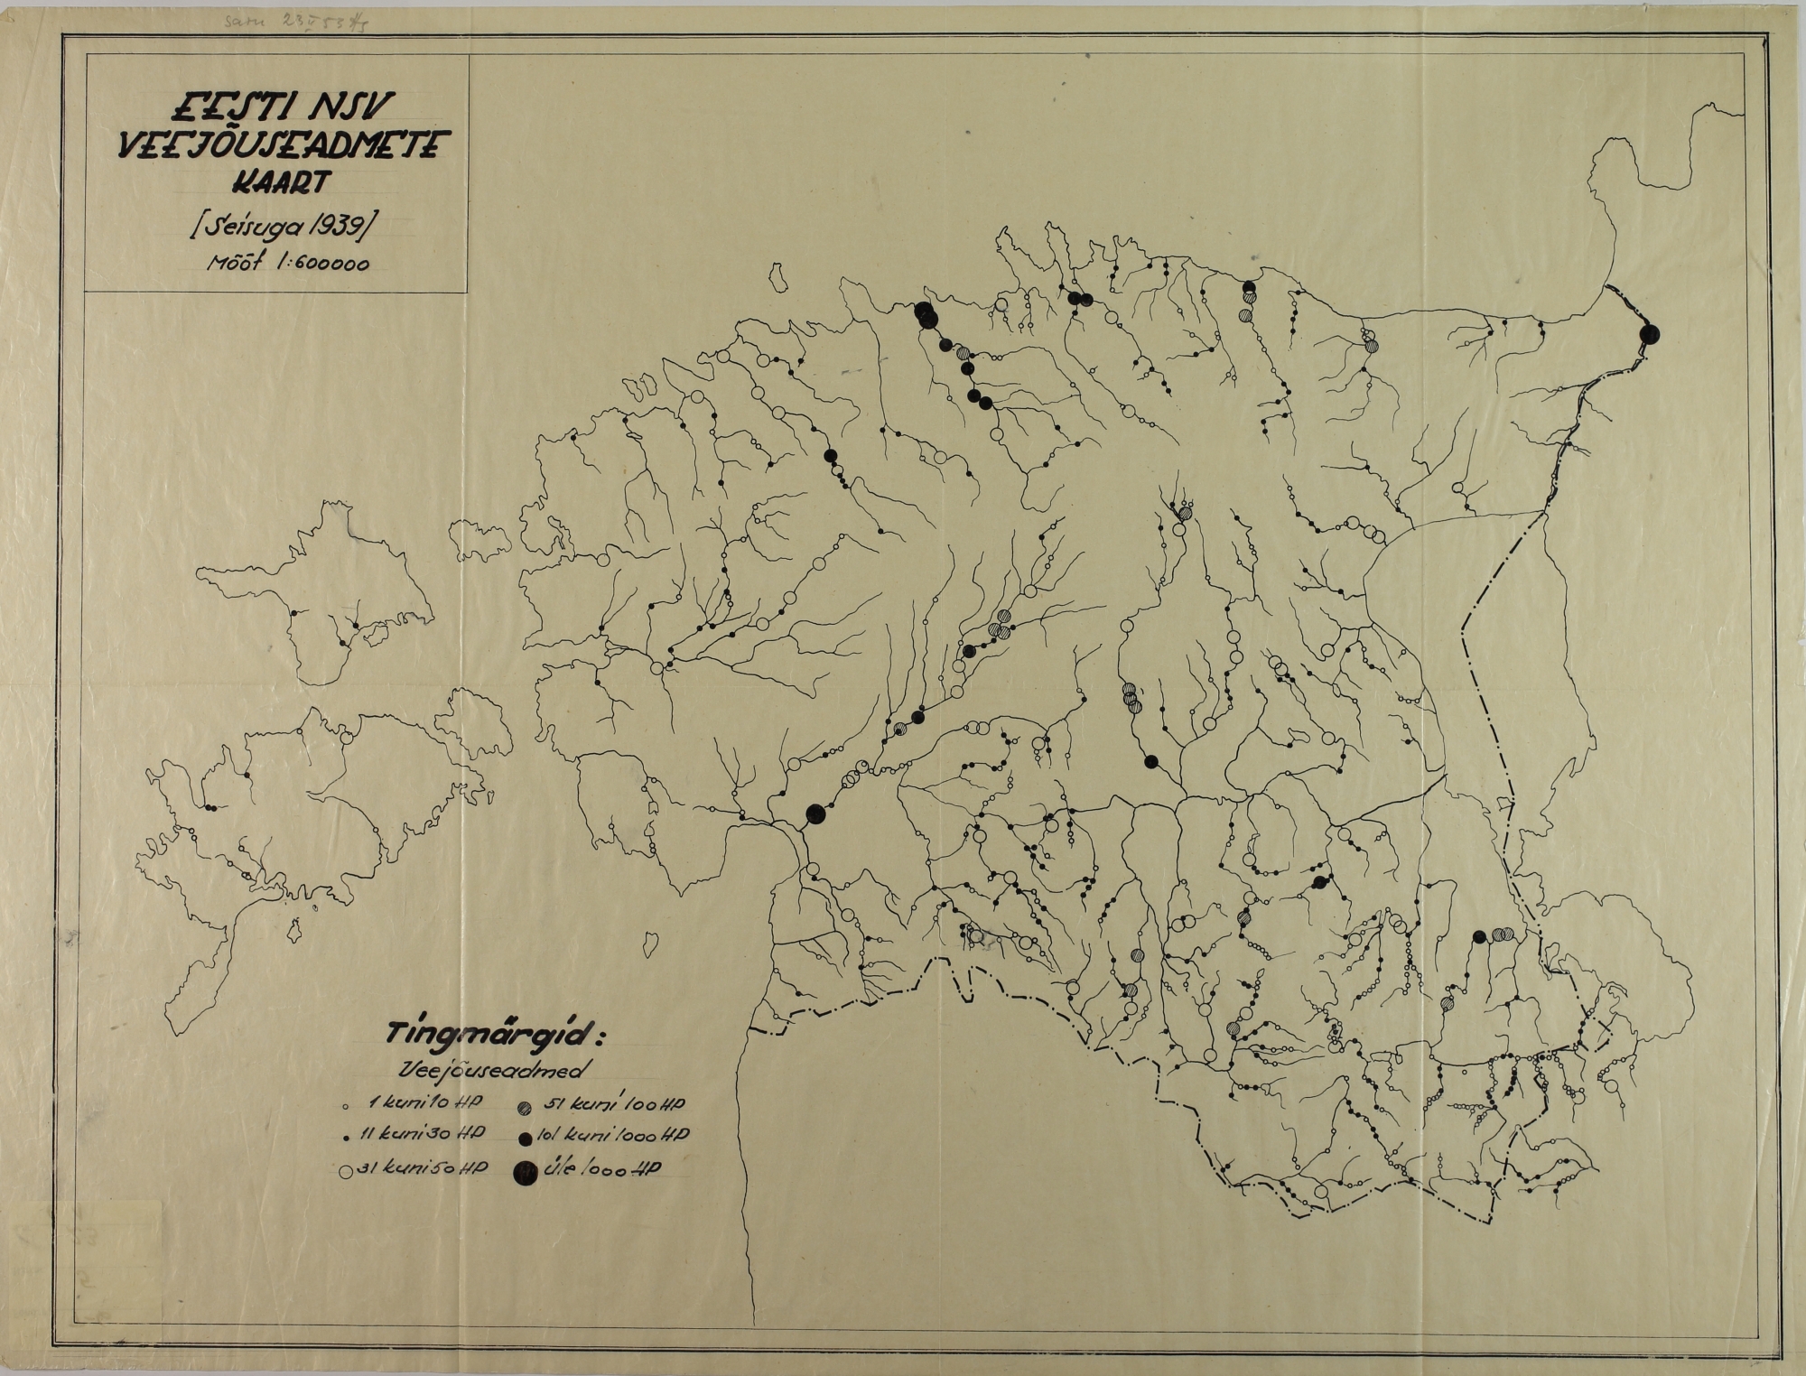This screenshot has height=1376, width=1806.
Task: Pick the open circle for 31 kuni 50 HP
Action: click(345, 1173)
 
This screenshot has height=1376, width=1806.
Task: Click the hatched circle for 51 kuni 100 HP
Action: click(524, 1105)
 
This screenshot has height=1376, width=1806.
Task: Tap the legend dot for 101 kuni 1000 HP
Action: click(524, 1135)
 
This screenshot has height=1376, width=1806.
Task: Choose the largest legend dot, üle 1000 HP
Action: click(522, 1173)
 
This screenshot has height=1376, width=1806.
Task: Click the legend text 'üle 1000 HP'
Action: click(602, 1169)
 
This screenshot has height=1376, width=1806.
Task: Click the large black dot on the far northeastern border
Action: click(1650, 334)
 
